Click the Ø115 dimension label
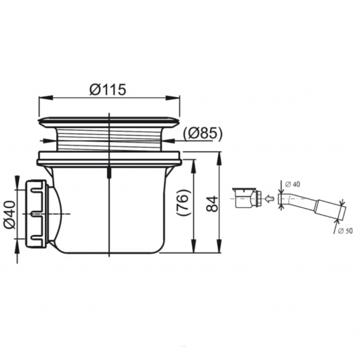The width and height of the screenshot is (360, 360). pos(108,89)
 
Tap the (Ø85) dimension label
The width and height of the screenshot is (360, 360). pos(202,134)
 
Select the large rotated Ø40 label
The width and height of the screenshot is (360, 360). pos(10,214)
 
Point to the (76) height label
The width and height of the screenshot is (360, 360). pos(183,202)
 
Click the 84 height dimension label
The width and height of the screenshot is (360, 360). pos(213,204)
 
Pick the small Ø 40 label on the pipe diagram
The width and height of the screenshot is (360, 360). pos(292,184)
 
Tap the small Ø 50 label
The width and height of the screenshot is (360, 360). pos(345,231)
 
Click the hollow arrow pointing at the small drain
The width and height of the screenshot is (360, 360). pos(269,199)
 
